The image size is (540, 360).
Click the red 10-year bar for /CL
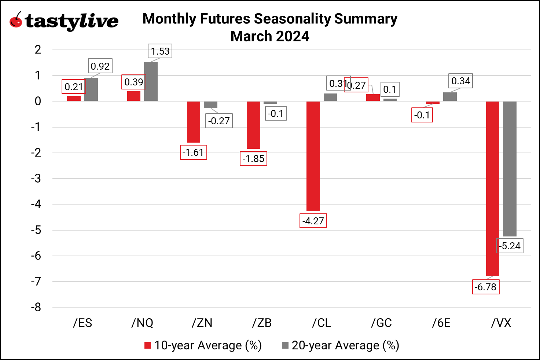pos(313,156)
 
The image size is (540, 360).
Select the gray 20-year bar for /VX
pos(510,169)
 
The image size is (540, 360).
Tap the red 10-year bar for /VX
pos(492,188)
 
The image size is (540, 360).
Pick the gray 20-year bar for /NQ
pos(151,81)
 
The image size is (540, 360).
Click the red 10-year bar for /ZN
pos(194,122)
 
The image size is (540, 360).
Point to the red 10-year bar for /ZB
pos(253,125)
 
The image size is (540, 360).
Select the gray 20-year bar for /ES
pos(91,89)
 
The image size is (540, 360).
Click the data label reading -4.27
pos(313,221)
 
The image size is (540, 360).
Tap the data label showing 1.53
pos(160,51)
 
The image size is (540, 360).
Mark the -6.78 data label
pos(485,287)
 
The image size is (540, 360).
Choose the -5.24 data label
pos(510,246)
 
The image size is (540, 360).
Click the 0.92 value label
pos(100,66)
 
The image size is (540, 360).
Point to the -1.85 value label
pos(253,159)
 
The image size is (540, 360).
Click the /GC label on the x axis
pos(381,323)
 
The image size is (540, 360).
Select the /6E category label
pos(441,323)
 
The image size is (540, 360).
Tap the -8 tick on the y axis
pos(36,307)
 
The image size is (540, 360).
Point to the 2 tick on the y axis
pos(38,50)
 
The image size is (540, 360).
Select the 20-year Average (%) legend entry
pos(341,345)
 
